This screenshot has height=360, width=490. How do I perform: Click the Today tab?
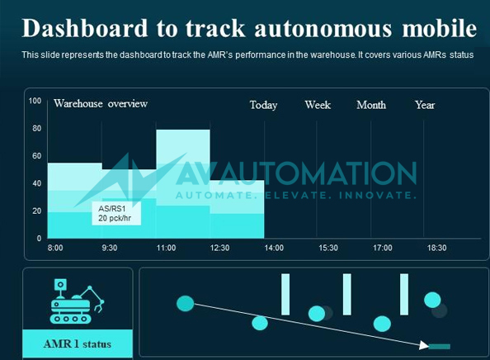263,105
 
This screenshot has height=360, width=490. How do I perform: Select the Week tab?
318,105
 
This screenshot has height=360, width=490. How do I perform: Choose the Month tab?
371,105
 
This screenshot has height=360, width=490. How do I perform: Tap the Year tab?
425,105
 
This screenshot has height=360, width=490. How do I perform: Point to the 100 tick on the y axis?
35,101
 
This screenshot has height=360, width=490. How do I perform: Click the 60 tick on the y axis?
36,156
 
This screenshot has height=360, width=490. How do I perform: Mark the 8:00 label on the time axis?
55,248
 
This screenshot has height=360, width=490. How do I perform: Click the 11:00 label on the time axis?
166,248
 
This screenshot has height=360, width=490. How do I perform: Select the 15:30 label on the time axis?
327,248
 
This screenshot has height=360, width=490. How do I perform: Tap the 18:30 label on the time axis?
436,248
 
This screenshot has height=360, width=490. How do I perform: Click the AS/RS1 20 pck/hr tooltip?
115,213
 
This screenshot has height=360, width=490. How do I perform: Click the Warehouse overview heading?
101,104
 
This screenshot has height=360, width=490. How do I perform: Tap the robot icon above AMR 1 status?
77,299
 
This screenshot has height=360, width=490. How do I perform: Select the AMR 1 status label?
78,343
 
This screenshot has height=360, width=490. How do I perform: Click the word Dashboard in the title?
81,28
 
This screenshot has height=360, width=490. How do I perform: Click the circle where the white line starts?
185,304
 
